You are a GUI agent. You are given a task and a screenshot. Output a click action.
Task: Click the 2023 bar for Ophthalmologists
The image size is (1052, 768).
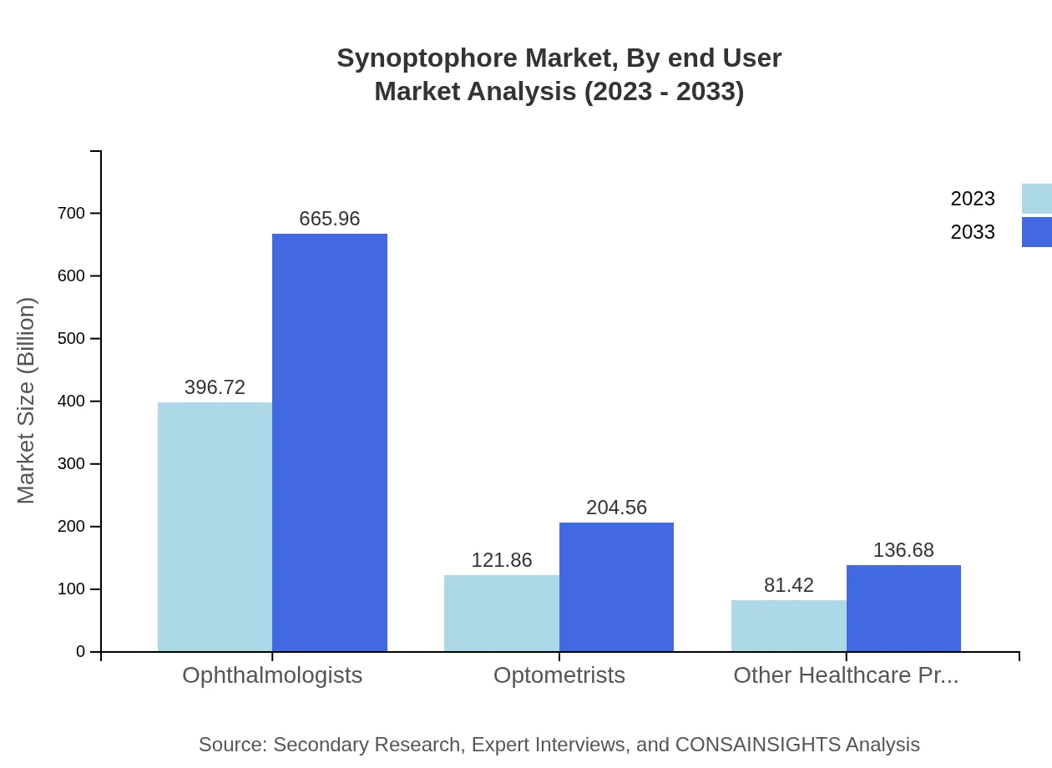215,527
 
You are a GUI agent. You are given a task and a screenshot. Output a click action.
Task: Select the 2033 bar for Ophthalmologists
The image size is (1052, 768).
330,442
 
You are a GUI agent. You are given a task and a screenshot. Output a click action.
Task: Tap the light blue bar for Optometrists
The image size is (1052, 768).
501,614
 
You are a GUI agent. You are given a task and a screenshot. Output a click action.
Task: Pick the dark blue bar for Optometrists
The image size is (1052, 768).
616,587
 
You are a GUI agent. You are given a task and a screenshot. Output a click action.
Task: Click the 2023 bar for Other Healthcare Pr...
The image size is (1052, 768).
788,626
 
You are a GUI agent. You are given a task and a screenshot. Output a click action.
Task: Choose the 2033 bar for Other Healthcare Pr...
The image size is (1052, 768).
903,609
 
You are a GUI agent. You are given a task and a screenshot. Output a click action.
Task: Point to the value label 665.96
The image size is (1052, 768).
330,219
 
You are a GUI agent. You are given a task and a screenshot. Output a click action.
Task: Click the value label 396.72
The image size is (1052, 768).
215,387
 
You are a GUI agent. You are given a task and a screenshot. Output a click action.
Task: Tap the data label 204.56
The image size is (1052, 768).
616,508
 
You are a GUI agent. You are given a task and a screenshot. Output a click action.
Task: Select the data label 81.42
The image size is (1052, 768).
788,585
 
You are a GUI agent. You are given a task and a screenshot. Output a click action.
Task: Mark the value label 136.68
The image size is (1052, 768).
903,550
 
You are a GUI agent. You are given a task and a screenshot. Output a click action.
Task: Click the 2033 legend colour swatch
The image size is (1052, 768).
1036,232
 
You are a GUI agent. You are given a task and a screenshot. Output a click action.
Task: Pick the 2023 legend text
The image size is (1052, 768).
973,199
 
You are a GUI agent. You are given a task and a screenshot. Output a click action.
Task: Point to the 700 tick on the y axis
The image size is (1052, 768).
72,213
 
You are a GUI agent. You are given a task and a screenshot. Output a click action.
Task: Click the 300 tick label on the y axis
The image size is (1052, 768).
72,464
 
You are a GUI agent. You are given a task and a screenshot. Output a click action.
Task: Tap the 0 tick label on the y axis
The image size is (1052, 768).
81,652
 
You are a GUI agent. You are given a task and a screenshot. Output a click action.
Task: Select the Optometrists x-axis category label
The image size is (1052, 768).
559,675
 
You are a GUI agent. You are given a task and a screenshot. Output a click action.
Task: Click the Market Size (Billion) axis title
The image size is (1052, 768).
26,401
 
